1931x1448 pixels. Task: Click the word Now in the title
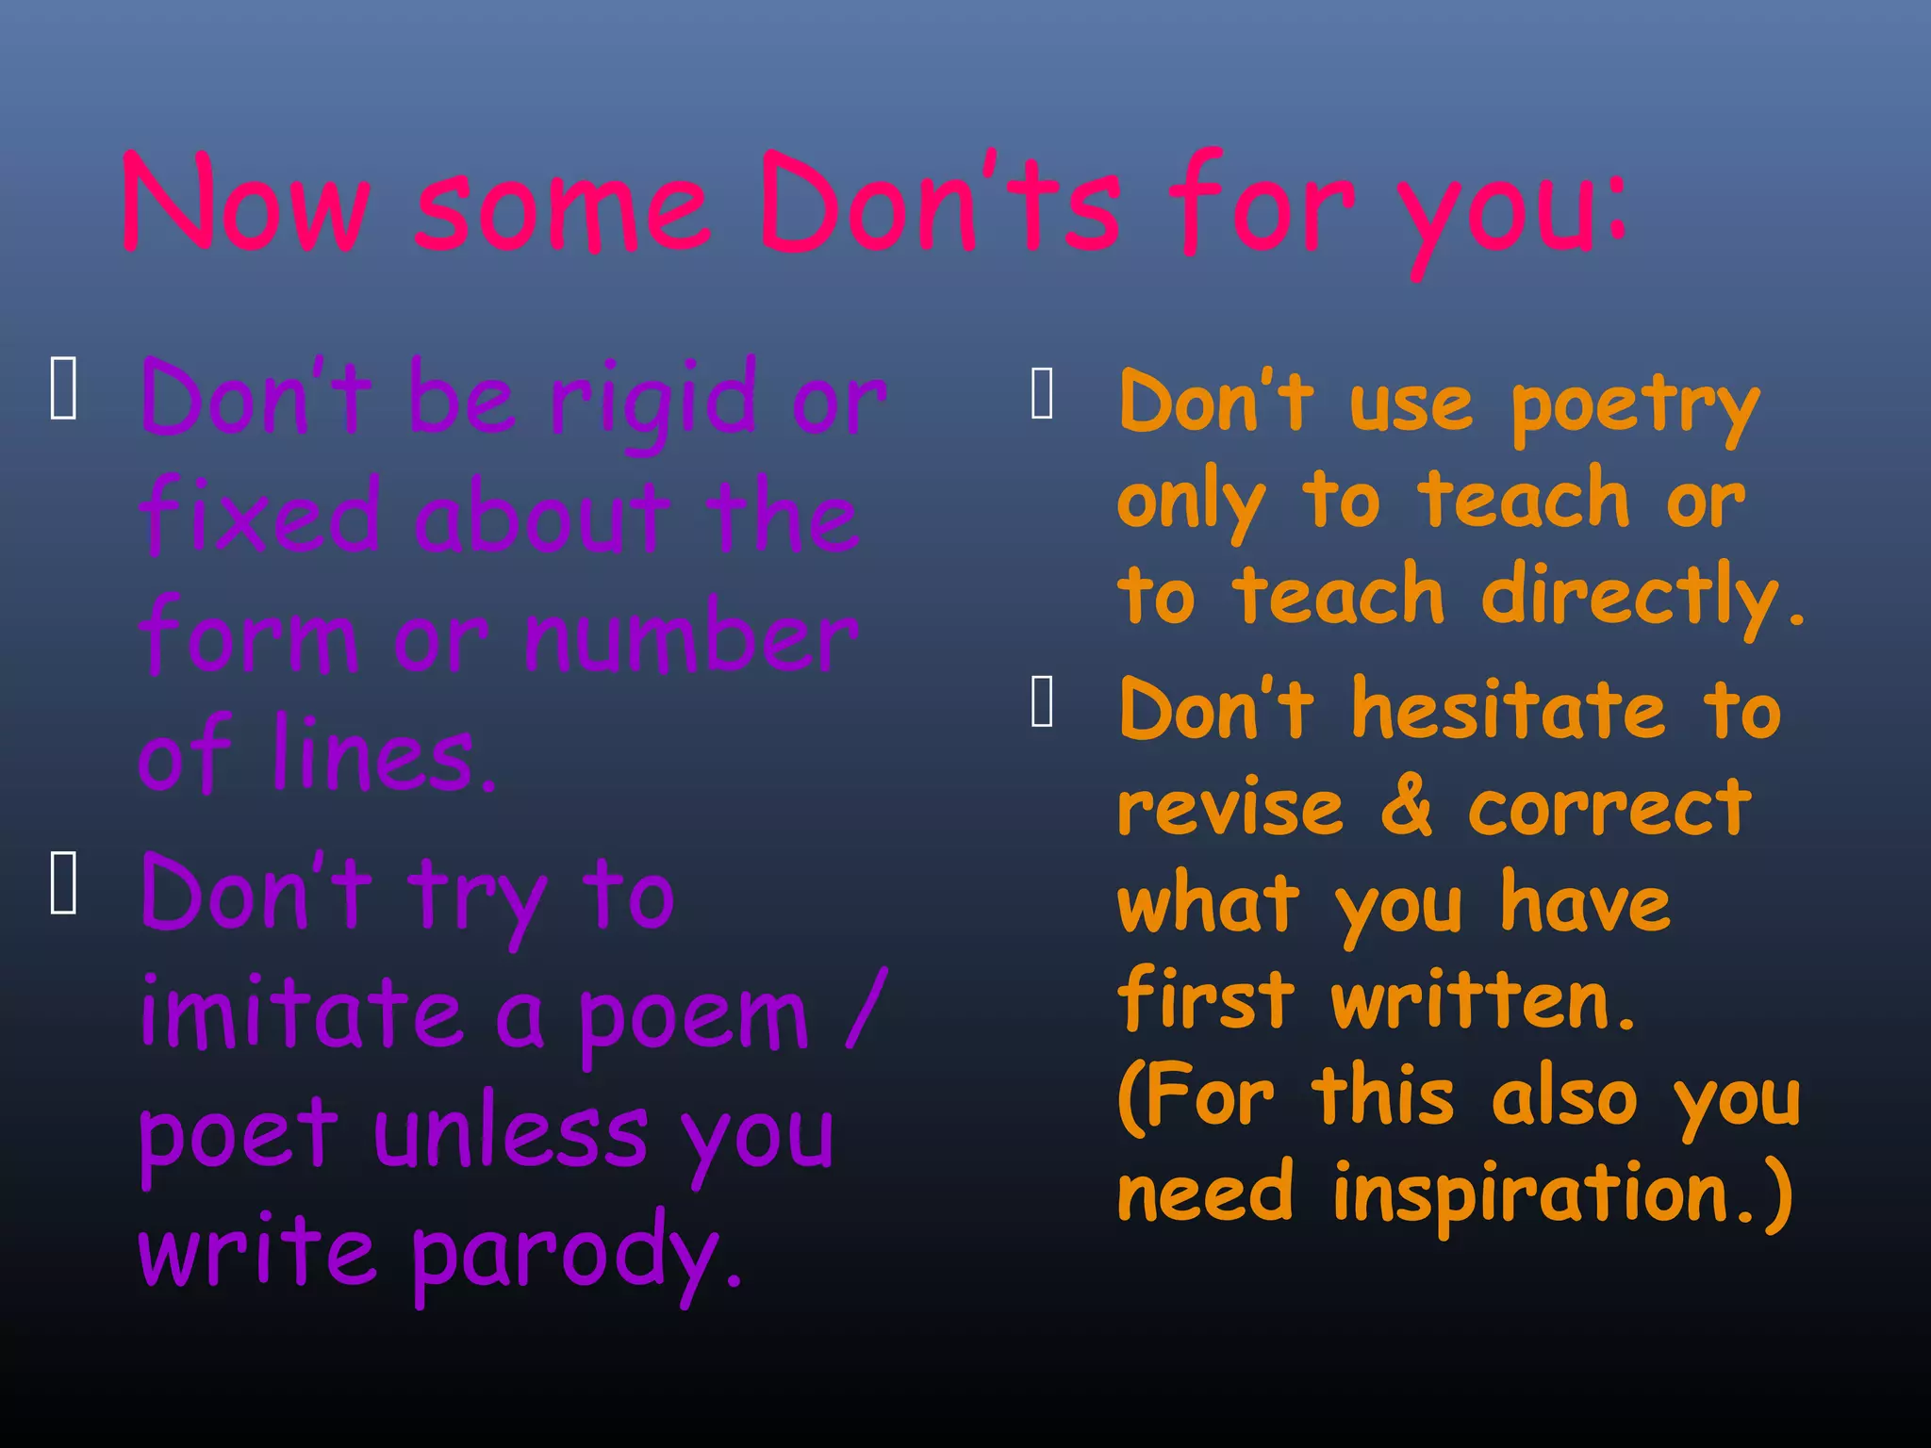[245, 203]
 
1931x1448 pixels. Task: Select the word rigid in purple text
[654, 401]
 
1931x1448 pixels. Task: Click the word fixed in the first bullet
[259, 516]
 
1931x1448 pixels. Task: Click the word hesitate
[1510, 712]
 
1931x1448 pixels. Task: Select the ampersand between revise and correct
[1406, 808]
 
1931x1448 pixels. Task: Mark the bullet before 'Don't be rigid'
[63, 387]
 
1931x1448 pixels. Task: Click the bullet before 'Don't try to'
[63, 882]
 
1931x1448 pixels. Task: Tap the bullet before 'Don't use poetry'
[1042, 393]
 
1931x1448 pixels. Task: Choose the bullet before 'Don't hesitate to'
[1042, 701]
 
